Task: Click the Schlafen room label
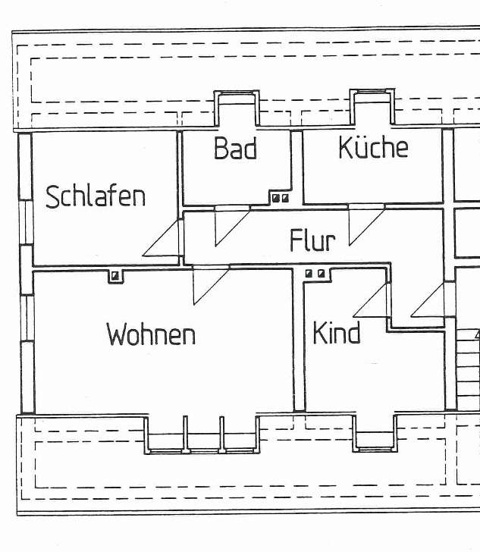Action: click(96, 196)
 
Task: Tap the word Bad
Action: click(235, 148)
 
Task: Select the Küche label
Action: click(373, 146)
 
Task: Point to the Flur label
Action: click(312, 240)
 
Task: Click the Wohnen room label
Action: click(151, 334)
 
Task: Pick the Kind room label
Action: click(337, 333)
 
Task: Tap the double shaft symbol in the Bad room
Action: click(280, 198)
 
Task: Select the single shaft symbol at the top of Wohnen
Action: click(115, 275)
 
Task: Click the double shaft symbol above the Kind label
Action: click(315, 273)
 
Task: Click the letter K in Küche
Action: click(347, 146)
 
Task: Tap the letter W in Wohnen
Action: click(118, 334)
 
